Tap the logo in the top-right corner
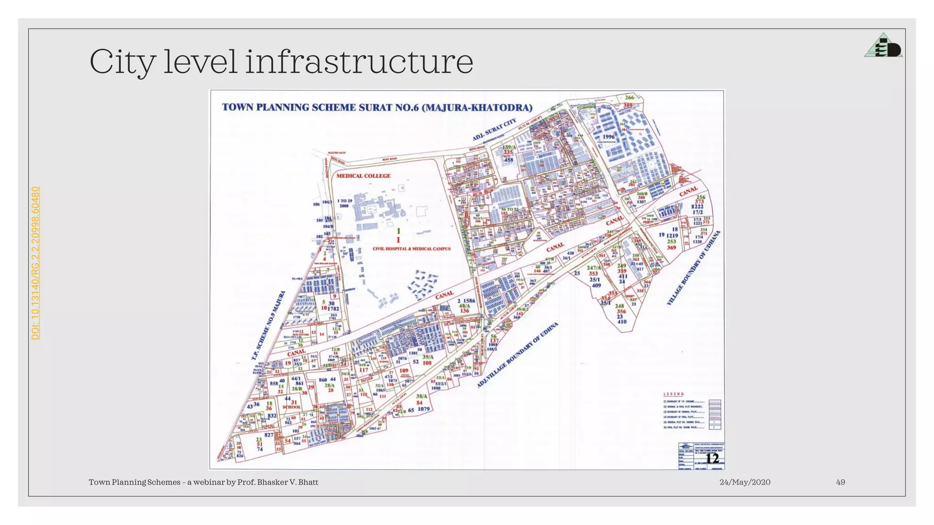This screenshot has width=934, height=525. [883, 46]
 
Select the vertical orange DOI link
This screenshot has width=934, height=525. [36, 263]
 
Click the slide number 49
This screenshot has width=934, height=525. [841, 482]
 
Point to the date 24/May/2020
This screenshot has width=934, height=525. [745, 482]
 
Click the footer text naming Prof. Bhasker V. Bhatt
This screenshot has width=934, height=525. [203, 482]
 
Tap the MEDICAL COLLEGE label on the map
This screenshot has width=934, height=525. [363, 176]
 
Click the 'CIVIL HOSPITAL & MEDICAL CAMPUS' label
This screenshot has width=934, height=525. [411, 249]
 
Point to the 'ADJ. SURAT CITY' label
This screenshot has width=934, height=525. [494, 129]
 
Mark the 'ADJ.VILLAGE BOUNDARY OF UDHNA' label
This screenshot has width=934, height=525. [518, 355]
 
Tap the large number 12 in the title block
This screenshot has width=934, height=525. [712, 458]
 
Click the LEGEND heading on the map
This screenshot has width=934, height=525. [673, 394]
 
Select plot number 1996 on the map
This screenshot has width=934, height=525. [609, 137]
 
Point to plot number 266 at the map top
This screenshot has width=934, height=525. [629, 98]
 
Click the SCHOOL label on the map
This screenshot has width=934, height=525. [291, 407]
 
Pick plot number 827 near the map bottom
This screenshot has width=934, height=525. [269, 435]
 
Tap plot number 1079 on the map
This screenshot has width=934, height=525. [424, 409]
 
